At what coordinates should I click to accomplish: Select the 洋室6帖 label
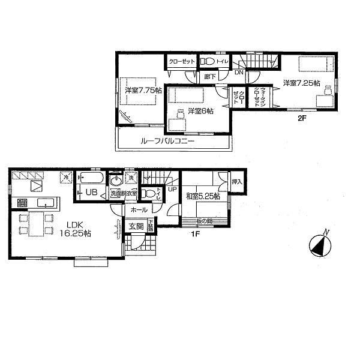pyautogui.click(x=200, y=111)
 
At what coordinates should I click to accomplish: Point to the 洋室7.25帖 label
pyautogui.click(x=301, y=83)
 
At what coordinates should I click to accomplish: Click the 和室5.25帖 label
pyautogui.click(x=203, y=196)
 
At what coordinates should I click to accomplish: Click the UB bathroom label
pyautogui.click(x=91, y=193)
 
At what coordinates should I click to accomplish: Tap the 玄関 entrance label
pyautogui.click(x=136, y=226)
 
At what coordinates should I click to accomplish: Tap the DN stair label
pyautogui.click(x=239, y=73)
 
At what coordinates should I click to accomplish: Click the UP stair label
pyautogui.click(x=172, y=189)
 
